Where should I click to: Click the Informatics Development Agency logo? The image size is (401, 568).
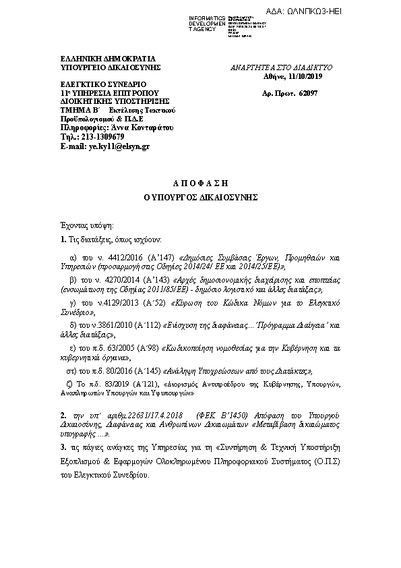point(227,23)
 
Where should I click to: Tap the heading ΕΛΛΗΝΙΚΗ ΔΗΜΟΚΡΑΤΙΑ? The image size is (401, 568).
point(98,58)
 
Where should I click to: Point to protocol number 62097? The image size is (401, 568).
point(307,92)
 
